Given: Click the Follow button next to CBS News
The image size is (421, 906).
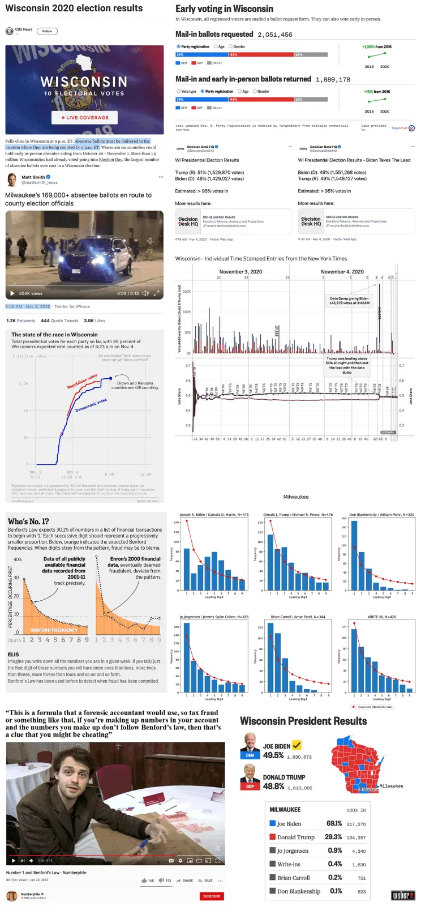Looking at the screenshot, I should (47, 31).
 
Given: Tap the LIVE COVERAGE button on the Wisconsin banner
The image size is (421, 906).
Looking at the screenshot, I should (84, 118).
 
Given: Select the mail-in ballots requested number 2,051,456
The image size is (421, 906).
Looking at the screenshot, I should (275, 35).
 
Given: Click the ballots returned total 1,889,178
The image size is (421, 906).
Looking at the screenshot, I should (333, 80).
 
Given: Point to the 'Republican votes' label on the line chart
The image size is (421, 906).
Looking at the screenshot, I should (82, 381).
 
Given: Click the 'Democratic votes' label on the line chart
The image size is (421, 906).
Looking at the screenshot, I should (91, 405).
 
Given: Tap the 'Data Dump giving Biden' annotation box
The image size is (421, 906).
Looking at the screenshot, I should (349, 301).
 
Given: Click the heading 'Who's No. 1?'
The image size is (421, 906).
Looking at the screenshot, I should (28, 521).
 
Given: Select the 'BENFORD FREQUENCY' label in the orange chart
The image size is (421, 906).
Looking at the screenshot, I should (54, 630).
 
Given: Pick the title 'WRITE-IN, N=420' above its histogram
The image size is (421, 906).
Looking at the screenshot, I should (381, 617).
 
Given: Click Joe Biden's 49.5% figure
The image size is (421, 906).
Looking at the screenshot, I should (273, 755).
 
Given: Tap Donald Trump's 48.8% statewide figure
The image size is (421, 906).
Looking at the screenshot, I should (273, 787).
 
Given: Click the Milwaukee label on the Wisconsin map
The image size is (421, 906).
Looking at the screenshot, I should (391, 786).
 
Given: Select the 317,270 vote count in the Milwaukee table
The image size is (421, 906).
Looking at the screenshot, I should (356, 824).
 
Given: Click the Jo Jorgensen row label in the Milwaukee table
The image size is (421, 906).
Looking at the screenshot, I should (293, 851).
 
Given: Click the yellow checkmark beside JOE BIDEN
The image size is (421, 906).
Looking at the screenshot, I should (297, 745).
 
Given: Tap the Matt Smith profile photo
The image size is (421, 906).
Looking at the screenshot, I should (11, 180).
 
